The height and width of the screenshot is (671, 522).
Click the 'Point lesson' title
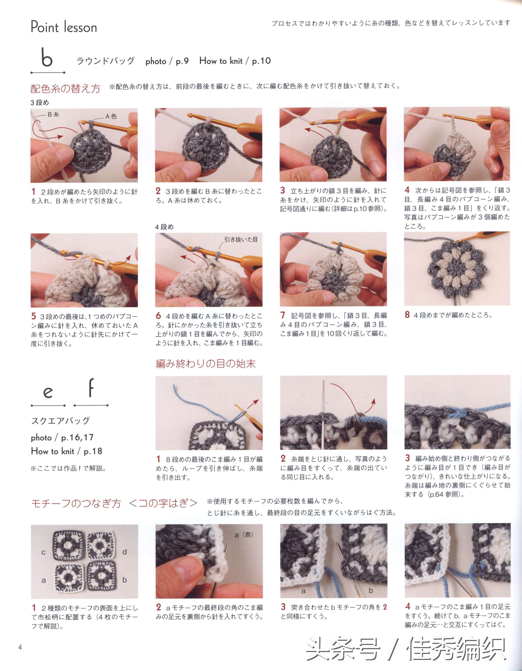tap(64, 27)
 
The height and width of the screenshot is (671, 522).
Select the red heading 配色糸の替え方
tap(66, 89)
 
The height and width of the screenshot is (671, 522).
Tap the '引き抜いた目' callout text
tap(241, 239)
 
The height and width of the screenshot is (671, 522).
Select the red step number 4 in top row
tap(407, 190)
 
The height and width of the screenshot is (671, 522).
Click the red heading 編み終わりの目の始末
tap(205, 364)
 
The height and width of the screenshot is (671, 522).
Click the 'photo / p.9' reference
tap(167, 61)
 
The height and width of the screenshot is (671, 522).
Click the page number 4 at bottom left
tap(20, 647)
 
